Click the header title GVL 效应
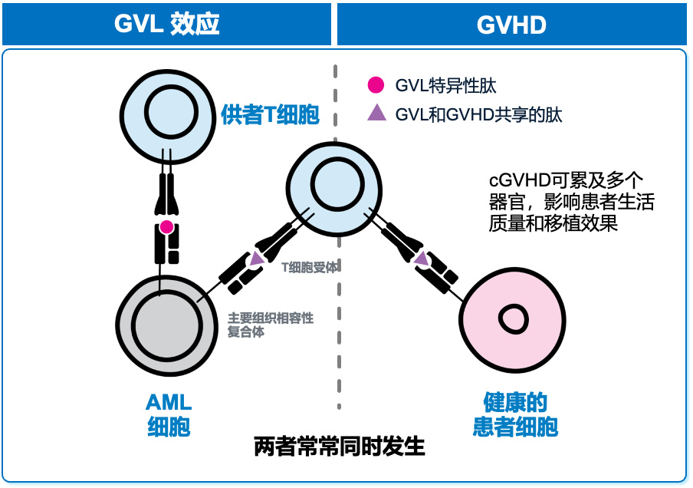(x=167, y=24)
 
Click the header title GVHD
(x=511, y=25)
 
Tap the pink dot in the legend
(x=376, y=85)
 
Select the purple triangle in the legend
(x=376, y=114)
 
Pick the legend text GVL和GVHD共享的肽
(x=478, y=114)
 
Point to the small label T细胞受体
(x=310, y=267)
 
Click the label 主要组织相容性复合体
(x=270, y=325)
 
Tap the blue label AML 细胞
(x=169, y=414)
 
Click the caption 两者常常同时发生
(x=339, y=446)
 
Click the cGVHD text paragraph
(x=571, y=201)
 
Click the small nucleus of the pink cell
(x=510, y=317)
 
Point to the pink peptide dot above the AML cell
(x=166, y=226)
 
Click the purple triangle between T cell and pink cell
(x=421, y=259)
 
